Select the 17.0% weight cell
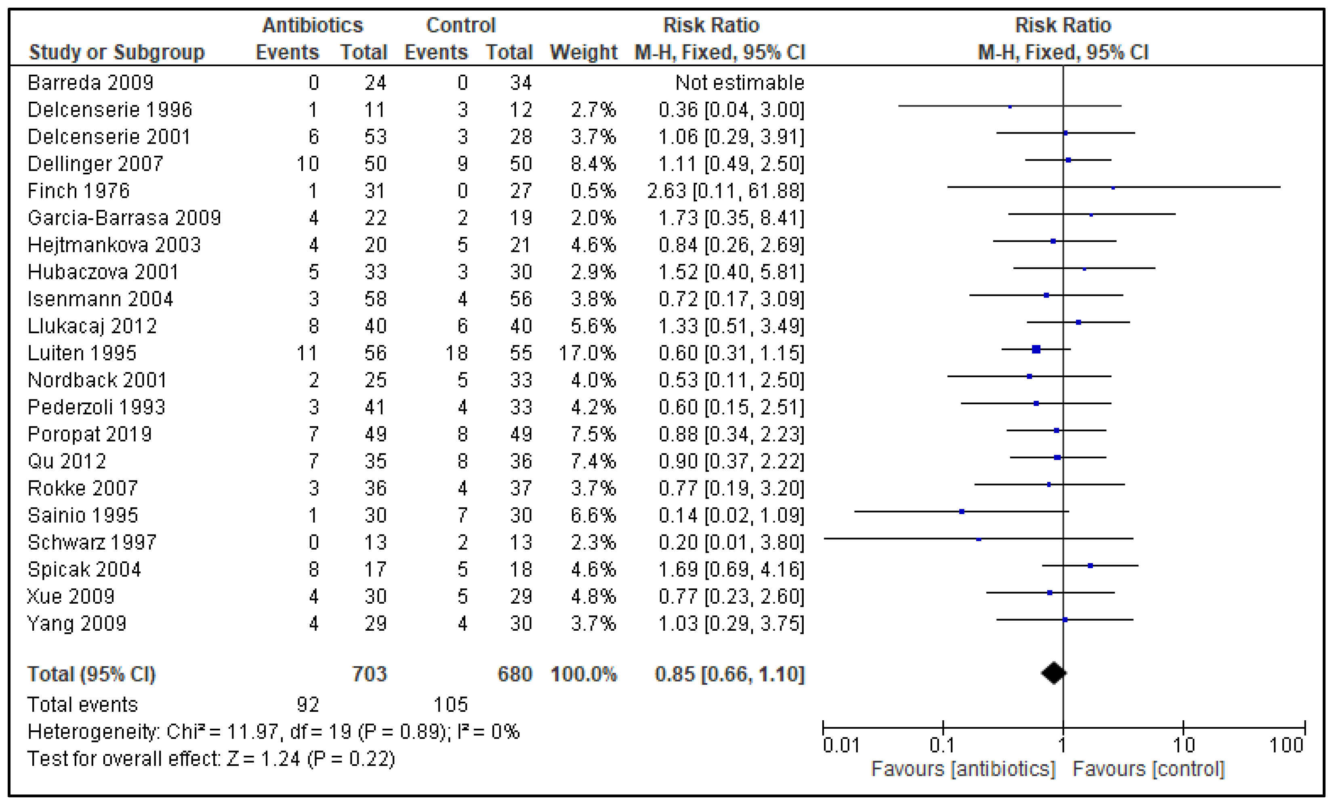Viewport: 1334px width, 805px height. tap(587, 353)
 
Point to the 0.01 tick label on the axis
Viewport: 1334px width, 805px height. tap(841, 746)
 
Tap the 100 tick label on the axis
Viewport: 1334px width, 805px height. tap(1286, 746)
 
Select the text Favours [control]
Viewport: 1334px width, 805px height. tap(1148, 769)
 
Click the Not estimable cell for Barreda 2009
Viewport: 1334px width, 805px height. tap(739, 83)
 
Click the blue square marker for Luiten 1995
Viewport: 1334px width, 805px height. tap(1036, 349)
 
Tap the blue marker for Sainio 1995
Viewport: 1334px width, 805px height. tap(962, 511)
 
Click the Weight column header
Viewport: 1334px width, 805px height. tap(583, 52)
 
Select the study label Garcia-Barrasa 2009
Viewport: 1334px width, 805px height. tap(124, 218)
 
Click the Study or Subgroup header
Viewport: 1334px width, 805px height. tap(116, 52)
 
